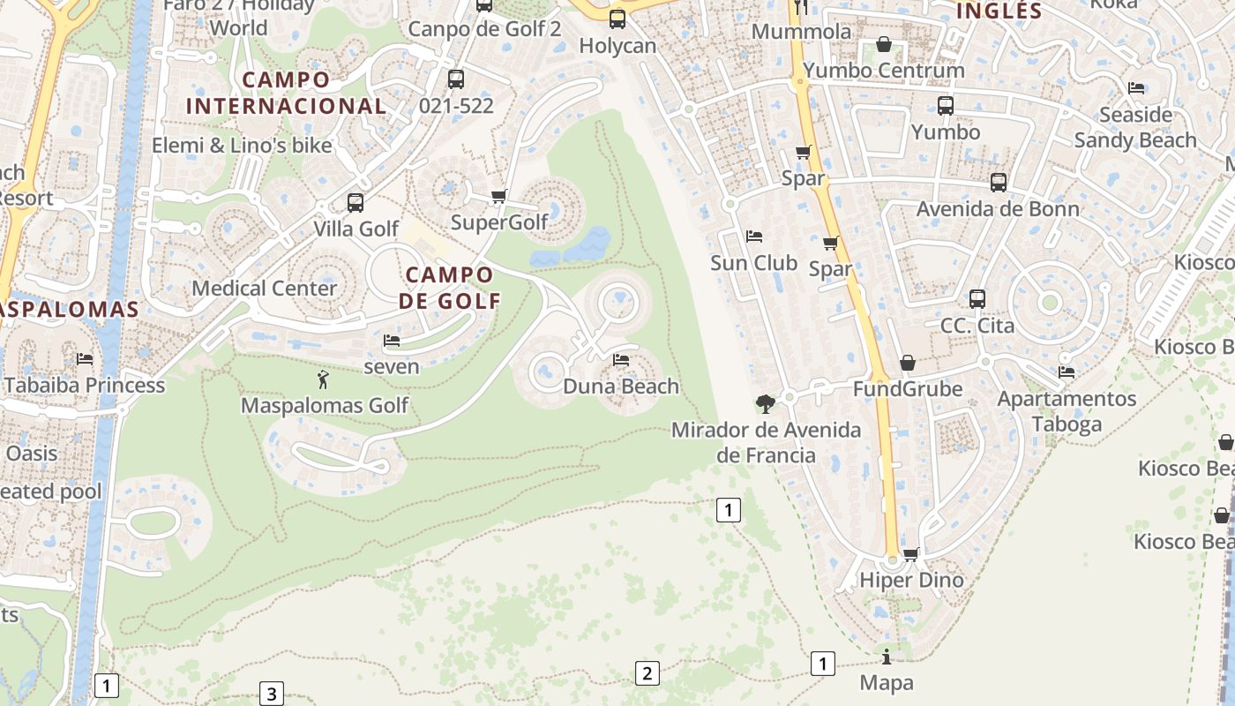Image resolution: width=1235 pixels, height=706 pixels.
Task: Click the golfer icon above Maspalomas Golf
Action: coord(323,380)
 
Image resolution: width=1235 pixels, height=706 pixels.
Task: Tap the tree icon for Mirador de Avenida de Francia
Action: coord(765,404)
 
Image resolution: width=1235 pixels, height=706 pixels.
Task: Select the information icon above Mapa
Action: coord(886,657)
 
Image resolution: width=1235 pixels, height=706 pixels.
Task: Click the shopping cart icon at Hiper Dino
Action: coord(910,554)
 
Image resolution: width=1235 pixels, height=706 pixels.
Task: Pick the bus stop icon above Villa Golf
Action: coord(356,203)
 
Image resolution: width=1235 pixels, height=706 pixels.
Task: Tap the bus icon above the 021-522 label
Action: coord(455,79)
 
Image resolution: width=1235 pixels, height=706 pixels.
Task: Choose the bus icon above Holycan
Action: coord(617,19)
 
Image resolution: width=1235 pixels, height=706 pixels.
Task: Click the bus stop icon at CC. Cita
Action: coord(977,299)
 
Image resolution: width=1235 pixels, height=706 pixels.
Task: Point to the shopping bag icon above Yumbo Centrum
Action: coord(884,44)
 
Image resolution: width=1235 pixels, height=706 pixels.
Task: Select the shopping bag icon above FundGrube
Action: coord(907,363)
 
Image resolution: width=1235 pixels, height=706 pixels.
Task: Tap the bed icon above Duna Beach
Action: coord(621,360)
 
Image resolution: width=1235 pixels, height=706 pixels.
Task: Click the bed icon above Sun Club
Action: coord(753,237)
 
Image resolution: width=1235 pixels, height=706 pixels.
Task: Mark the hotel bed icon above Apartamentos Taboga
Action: coord(1066,372)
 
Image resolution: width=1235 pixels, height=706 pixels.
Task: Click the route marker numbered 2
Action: coord(647,673)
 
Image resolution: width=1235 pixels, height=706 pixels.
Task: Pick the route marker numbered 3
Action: coord(271,694)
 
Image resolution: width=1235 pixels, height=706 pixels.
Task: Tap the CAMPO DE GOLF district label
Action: coord(449,287)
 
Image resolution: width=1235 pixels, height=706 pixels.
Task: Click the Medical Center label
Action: coord(264,288)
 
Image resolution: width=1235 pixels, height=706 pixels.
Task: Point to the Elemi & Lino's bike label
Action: coord(242,146)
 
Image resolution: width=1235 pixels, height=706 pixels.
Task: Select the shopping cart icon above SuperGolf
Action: coord(498,196)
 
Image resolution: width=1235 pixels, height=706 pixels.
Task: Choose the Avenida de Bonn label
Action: coord(997,209)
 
